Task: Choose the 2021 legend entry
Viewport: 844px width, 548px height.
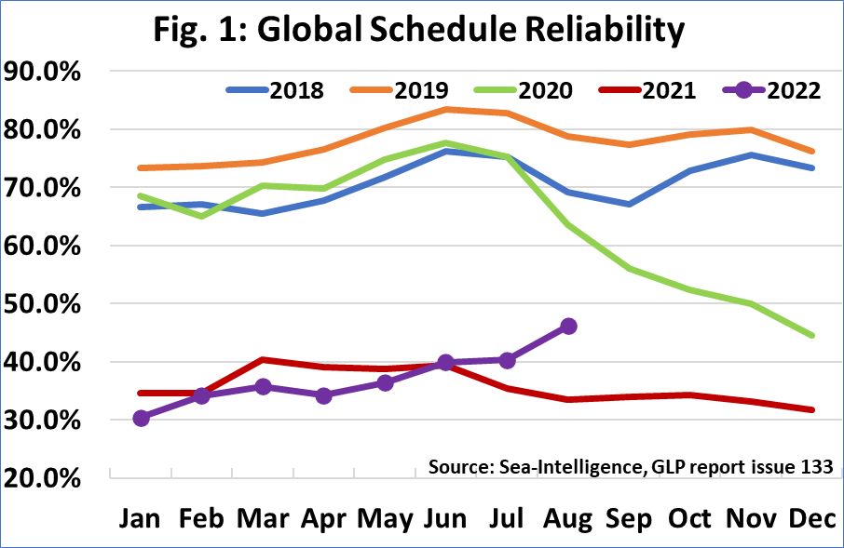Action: [x=668, y=90]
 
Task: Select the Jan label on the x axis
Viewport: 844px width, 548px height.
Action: [x=142, y=517]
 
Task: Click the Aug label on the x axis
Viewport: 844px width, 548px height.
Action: [x=569, y=517]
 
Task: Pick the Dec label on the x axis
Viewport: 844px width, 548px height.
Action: [x=813, y=517]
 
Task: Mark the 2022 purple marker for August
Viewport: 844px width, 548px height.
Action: [x=568, y=326]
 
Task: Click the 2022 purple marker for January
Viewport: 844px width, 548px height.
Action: [x=142, y=419]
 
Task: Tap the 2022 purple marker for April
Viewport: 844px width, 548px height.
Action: [x=324, y=395]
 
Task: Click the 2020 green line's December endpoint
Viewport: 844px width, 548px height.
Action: [x=812, y=335]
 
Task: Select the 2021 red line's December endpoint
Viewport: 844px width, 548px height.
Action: [x=812, y=409]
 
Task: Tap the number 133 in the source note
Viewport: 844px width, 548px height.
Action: [x=814, y=466]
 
